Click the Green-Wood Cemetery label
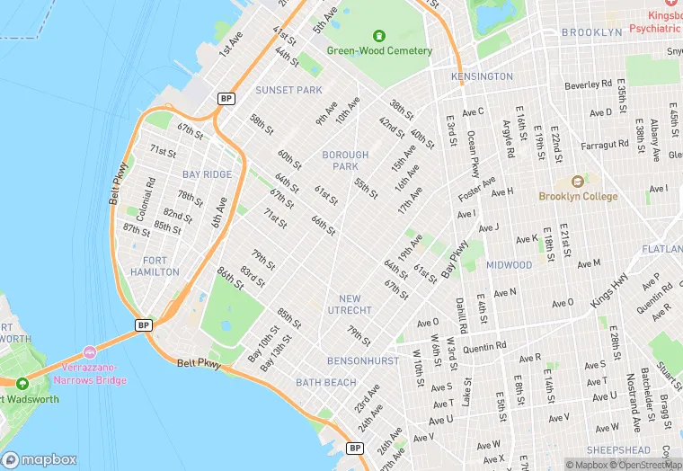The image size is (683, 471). click(379, 51)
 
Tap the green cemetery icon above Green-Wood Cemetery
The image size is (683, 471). click(379, 36)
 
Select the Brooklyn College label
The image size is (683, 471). click(578, 197)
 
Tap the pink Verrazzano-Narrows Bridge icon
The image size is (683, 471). click(89, 351)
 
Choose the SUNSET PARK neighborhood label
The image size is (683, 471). click(288, 90)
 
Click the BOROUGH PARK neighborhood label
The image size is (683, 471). click(345, 161)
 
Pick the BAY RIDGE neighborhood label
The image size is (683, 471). click(207, 174)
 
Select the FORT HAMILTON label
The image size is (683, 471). click(155, 266)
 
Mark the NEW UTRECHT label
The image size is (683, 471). click(350, 305)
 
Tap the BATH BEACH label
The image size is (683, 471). click(326, 383)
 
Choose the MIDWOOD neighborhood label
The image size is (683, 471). click(509, 265)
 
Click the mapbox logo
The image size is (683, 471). click(40, 459)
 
